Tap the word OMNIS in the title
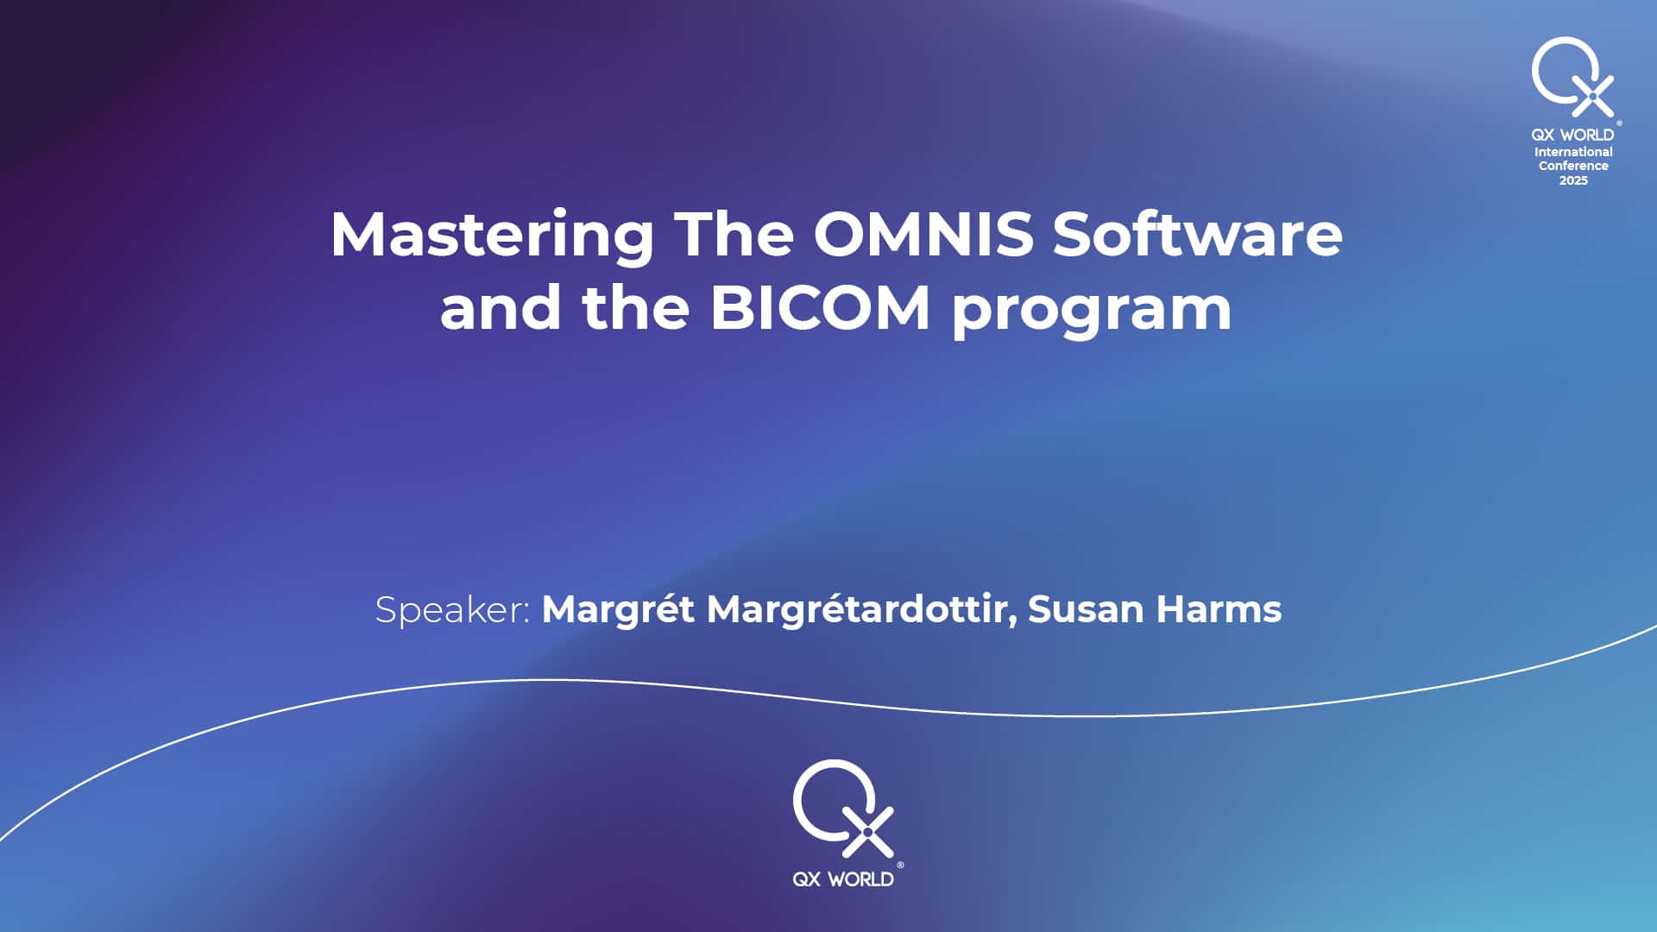point(923,234)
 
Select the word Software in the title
point(1198,234)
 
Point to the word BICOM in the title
point(820,307)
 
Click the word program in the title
point(1092,312)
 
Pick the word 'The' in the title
point(734,234)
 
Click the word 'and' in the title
point(501,307)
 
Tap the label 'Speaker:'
point(452,611)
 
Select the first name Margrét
point(618,609)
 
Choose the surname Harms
point(1219,609)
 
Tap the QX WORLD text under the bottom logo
point(843,879)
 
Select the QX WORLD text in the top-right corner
point(1572,135)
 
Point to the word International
point(1573,152)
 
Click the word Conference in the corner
point(1573,166)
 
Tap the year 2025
point(1573,180)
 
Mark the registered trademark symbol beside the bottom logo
point(901,864)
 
